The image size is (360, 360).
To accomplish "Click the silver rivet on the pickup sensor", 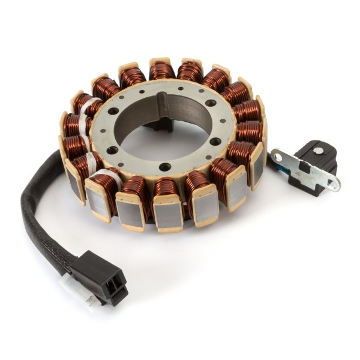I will click(x=317, y=151).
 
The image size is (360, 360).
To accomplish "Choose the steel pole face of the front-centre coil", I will click(x=166, y=213).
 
